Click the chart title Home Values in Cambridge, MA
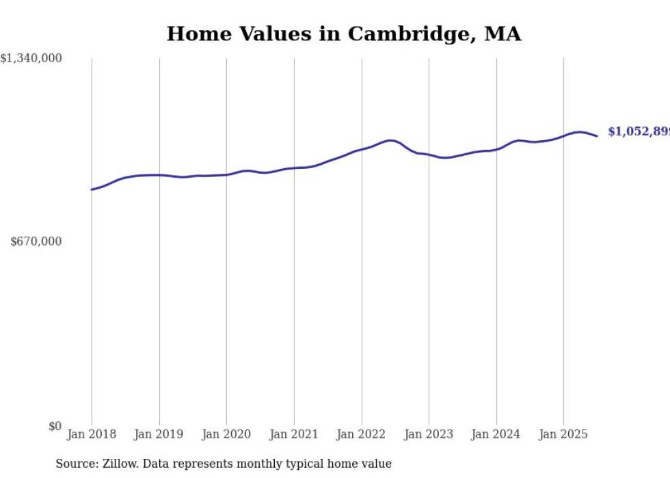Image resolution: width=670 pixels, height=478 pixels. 344,34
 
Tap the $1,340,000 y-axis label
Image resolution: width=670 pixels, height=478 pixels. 31,59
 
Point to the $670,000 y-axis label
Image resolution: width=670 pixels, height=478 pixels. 36,241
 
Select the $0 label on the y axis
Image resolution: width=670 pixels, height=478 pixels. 55,426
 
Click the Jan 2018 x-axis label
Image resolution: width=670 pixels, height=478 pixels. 92,434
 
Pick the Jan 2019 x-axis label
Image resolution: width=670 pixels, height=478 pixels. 159,434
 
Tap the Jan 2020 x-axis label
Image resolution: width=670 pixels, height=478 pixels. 226,434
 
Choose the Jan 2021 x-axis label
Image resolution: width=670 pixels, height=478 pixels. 294,434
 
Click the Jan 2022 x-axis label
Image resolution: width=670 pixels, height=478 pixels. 362,434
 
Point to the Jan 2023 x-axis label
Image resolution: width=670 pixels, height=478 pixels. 429,434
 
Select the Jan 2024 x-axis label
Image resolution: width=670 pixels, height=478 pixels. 496,434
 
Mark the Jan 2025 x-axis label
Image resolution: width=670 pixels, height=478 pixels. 563,434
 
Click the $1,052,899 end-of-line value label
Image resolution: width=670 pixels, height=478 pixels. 639,132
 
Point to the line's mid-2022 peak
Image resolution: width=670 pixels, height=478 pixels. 390,140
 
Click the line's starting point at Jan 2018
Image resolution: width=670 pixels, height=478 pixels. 92,189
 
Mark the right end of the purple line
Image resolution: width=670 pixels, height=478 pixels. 597,136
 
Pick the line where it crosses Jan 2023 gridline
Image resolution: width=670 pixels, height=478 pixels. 429,155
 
